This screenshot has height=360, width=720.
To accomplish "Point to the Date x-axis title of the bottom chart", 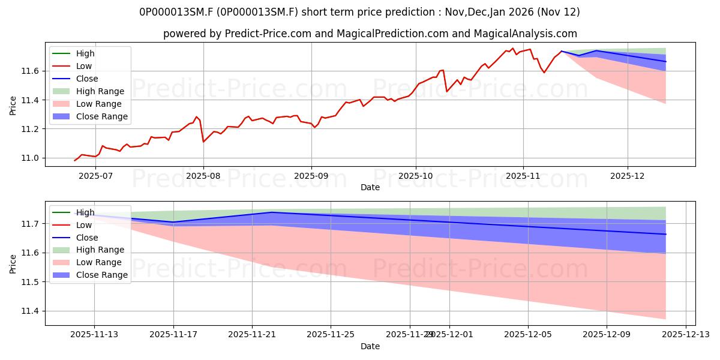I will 370,346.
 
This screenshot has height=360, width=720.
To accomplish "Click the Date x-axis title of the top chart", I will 370,187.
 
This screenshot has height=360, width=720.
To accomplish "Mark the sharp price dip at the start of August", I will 203,142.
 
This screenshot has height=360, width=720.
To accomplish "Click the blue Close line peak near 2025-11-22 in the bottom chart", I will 272,212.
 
